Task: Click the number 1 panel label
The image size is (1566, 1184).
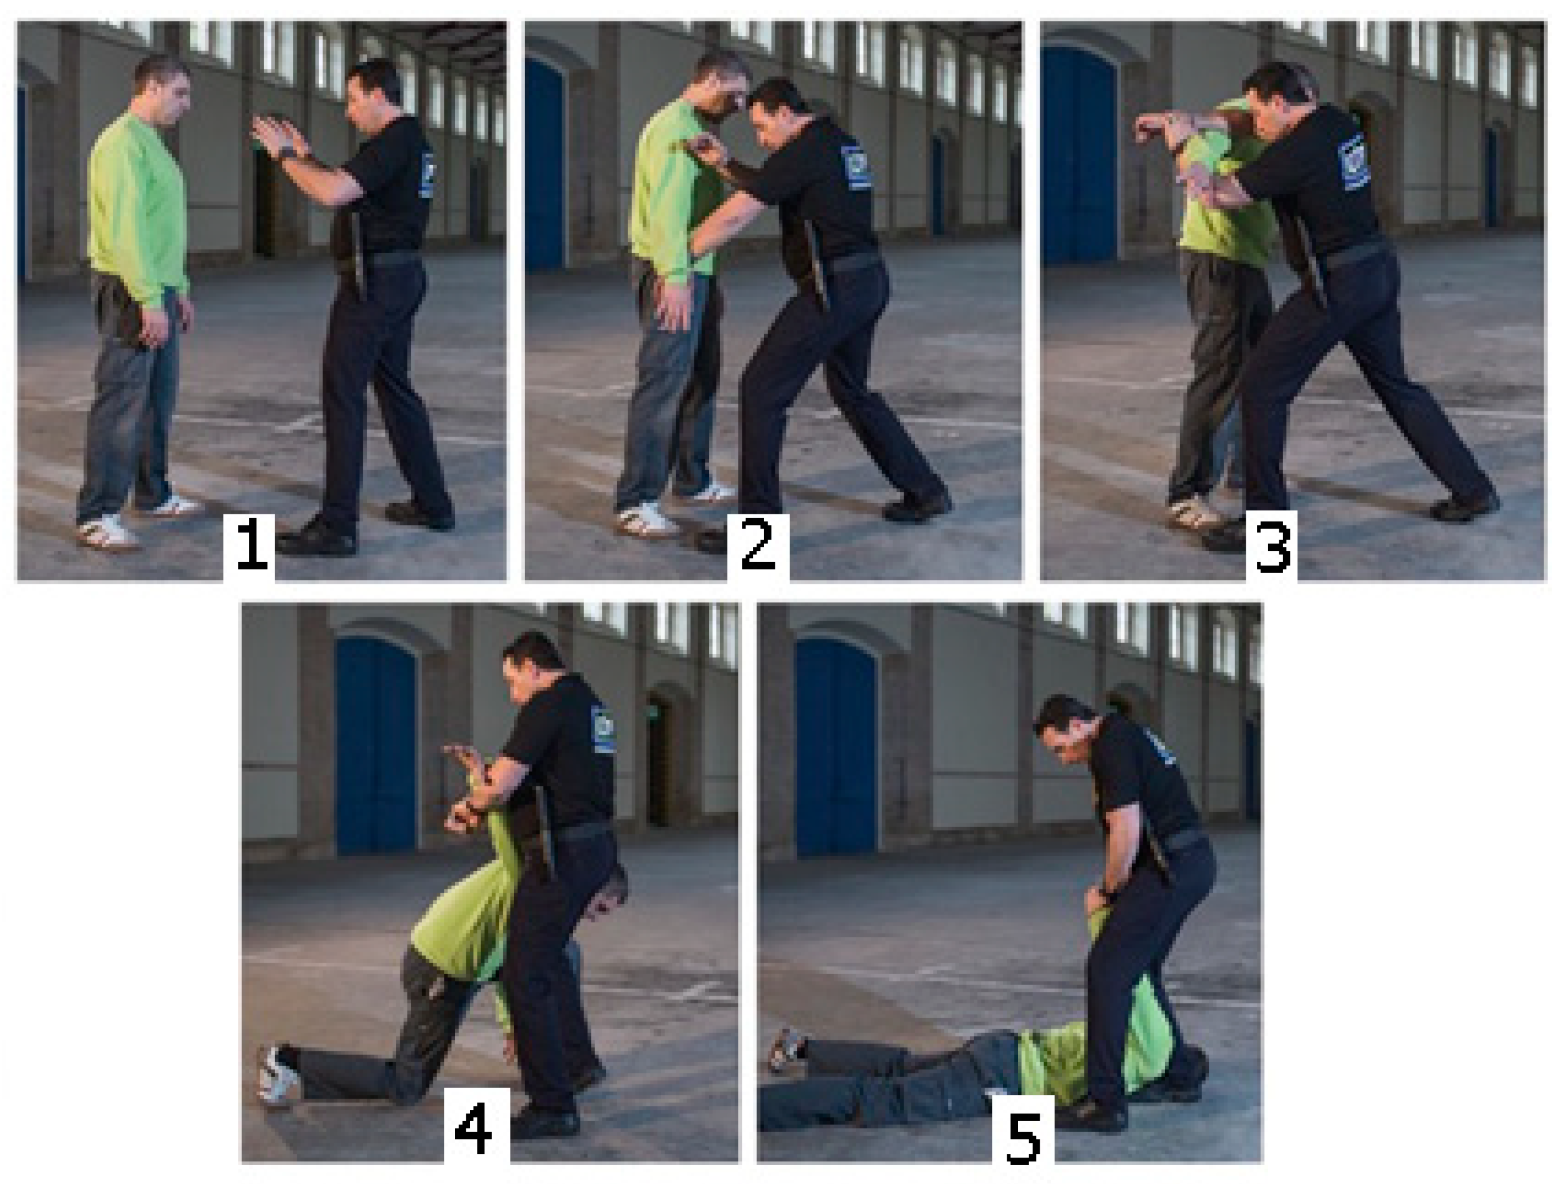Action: pyautogui.click(x=251, y=544)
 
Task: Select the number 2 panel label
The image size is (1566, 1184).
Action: pyautogui.click(x=758, y=544)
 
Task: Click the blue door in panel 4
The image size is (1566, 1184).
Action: pyautogui.click(x=376, y=746)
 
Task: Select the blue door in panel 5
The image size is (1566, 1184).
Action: pyautogui.click(x=836, y=747)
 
